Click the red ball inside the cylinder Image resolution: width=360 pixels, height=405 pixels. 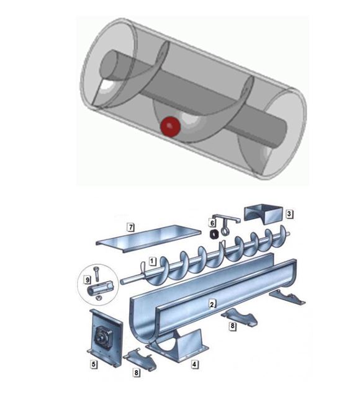[170, 127]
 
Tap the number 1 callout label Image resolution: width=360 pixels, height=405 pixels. [153, 261]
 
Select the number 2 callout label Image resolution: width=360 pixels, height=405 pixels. [212, 305]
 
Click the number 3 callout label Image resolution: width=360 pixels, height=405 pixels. [289, 214]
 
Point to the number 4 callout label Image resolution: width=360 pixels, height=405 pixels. [194, 365]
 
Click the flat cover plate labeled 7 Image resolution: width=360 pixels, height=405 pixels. [148, 238]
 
